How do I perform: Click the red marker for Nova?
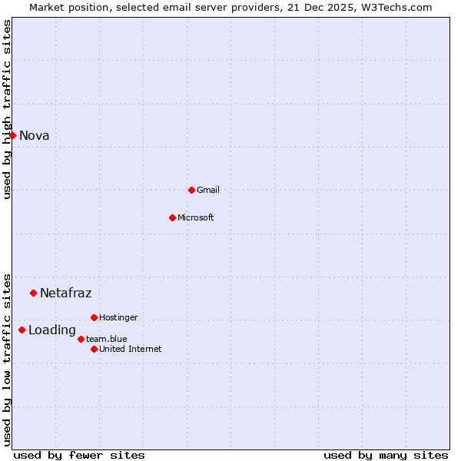12,135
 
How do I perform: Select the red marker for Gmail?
191,190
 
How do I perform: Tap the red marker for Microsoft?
172,217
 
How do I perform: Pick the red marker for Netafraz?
33,293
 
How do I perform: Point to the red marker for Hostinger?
94,317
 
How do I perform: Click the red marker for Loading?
22,330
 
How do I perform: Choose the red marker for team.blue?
81,339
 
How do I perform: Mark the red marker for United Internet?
94,349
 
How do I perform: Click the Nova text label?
35,136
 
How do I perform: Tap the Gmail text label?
208,190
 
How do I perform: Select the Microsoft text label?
196,217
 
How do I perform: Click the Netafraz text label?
66,293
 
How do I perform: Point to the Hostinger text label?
119,317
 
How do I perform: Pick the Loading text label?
52,330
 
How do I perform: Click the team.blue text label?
107,339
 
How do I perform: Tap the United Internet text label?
131,349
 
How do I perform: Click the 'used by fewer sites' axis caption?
79,455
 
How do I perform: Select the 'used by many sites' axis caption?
386,455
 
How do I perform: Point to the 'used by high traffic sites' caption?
8,109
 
